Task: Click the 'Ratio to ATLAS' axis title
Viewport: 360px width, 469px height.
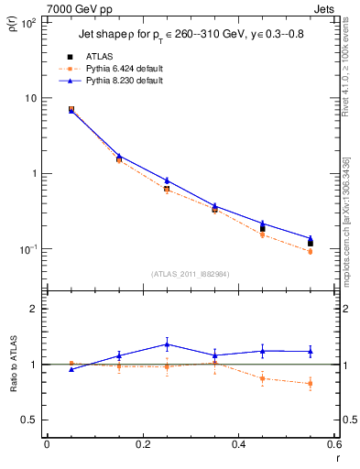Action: [x=12, y=366]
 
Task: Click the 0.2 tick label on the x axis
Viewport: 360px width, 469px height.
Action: [x=143, y=444]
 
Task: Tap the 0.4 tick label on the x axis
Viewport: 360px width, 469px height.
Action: [x=238, y=444]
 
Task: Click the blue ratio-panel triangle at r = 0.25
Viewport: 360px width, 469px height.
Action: [x=167, y=344]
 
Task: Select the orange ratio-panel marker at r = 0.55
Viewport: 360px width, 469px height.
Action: [x=311, y=384]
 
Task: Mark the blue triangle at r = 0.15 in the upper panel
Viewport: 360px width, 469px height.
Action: [x=119, y=156]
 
